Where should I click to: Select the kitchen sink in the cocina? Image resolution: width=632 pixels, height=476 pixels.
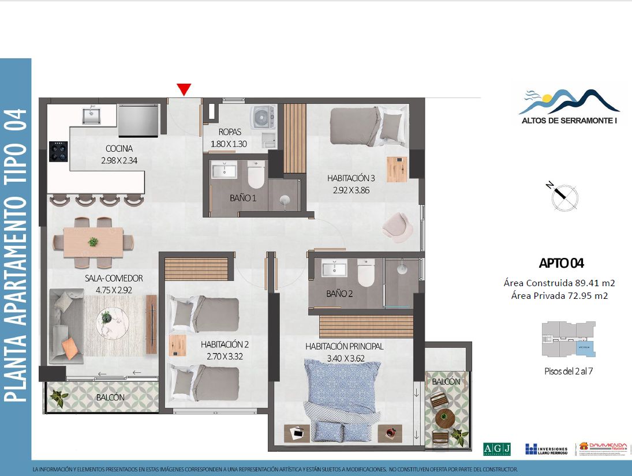pos(91,116)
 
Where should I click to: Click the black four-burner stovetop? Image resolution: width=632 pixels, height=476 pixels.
pos(58,151)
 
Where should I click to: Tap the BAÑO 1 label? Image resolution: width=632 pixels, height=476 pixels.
pos(242,198)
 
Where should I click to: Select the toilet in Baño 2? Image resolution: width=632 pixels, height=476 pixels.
pos(367,272)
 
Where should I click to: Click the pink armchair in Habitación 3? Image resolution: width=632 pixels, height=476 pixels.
pos(398,226)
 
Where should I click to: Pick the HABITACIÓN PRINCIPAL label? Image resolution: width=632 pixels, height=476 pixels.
pos(345,346)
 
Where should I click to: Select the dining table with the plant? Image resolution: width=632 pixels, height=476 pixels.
pos(93,241)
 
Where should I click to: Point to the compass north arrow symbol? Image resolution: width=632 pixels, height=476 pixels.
pos(562,196)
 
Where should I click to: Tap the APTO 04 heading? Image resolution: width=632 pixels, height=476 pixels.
pos(561,264)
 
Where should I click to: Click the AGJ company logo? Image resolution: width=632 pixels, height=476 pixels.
pos(496,449)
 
